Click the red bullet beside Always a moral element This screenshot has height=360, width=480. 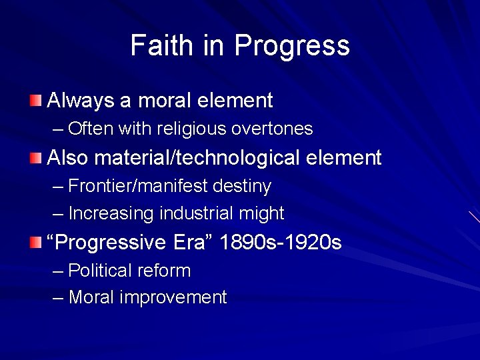(x=35, y=101)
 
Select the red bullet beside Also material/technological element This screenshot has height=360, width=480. (x=35, y=158)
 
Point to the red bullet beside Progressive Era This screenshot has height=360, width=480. (x=35, y=243)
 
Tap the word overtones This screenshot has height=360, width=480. (x=280, y=128)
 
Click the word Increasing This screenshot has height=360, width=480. (x=111, y=214)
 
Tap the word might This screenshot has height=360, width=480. (x=266, y=214)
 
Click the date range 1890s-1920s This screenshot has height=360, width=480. (x=281, y=243)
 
